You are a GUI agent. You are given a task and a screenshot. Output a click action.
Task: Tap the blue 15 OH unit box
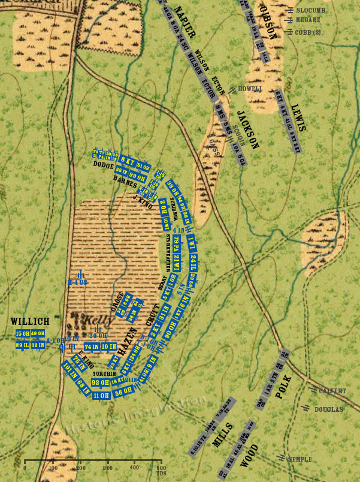(23, 334)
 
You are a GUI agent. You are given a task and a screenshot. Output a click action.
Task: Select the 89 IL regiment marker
(23, 345)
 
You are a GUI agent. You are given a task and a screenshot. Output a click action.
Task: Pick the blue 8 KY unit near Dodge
(126, 159)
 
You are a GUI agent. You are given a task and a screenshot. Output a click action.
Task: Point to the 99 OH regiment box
(138, 176)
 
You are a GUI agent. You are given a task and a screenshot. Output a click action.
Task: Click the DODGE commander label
(104, 164)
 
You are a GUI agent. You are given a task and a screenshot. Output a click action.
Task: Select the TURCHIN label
(104, 373)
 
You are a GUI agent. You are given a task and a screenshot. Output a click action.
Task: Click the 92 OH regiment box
(99, 382)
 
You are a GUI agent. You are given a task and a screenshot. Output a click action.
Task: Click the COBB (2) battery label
(308, 32)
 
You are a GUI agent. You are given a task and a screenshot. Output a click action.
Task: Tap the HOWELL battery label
(250, 89)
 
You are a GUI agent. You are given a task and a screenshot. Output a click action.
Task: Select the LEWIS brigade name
(298, 118)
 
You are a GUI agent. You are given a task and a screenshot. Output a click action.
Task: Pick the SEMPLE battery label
(300, 459)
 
